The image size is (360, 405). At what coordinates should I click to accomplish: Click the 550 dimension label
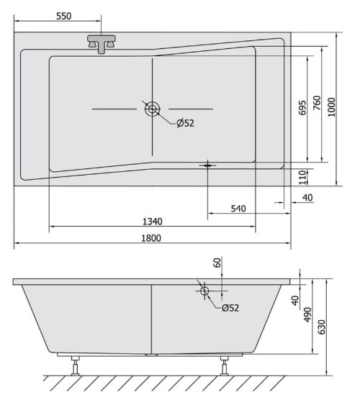click(63, 16)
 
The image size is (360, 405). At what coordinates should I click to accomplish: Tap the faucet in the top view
click(102, 44)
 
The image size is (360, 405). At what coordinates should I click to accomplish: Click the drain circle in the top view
click(152, 109)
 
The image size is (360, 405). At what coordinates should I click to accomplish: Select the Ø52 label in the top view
click(185, 123)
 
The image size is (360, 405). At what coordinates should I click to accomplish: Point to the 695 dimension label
click(302, 108)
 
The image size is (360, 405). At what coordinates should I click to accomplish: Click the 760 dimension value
click(317, 103)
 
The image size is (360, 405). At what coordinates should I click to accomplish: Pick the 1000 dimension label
click(331, 107)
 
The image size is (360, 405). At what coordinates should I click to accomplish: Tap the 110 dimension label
click(302, 177)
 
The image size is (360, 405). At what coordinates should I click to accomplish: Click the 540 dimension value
click(238, 209)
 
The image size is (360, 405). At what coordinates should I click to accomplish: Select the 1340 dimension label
click(153, 222)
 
